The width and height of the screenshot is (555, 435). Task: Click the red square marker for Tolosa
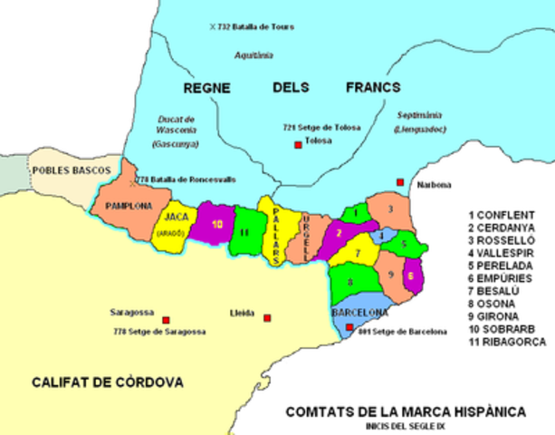(x=295, y=145)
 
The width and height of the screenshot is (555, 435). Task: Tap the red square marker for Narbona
(x=399, y=182)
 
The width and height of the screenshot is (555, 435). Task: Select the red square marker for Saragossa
(x=166, y=320)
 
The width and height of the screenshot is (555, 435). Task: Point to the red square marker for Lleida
(x=267, y=318)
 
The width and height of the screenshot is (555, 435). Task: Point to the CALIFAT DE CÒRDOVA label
(x=108, y=382)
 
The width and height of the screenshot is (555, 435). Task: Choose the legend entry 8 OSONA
(x=494, y=304)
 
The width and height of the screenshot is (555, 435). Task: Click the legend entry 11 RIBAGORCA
(x=506, y=343)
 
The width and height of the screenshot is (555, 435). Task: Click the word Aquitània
(x=253, y=54)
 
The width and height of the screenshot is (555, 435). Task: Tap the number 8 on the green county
(x=349, y=282)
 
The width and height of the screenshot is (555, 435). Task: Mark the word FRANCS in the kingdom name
(x=374, y=88)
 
